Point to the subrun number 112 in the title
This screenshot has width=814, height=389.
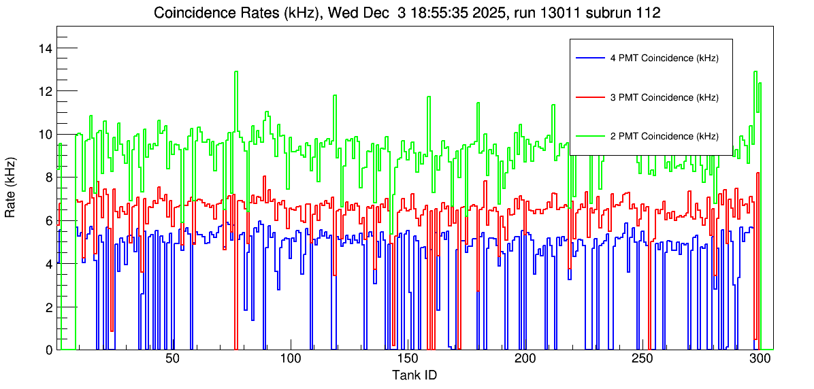pyautogui.click(x=648, y=13)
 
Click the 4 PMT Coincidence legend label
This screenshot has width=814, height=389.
pyautogui.click(x=664, y=58)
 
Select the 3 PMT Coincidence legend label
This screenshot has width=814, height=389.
pyautogui.click(x=664, y=97)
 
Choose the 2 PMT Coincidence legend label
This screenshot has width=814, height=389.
pyautogui.click(x=664, y=136)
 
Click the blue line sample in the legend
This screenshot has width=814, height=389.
pyautogui.click(x=589, y=58)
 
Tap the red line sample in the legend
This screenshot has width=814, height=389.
pyautogui.click(x=589, y=97)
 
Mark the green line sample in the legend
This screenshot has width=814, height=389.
pyautogui.click(x=589, y=136)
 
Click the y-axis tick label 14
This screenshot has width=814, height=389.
pyautogui.click(x=46, y=48)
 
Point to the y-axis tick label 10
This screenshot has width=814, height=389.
pyautogui.click(x=46, y=135)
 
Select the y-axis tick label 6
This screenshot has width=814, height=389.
pyautogui.click(x=49, y=221)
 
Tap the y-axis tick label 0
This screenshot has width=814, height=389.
pyautogui.click(x=49, y=350)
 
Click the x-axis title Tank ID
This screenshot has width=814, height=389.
pyautogui.click(x=414, y=375)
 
